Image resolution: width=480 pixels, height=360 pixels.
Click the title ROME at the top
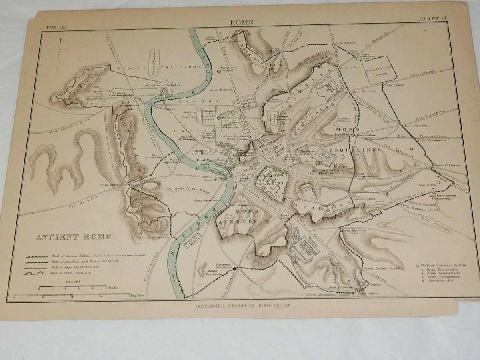(241, 22)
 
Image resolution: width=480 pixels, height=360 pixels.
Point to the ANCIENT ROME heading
(73, 237)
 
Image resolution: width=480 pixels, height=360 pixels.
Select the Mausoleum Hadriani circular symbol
(163, 91)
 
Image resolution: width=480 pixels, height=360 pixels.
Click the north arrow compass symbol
(60, 50)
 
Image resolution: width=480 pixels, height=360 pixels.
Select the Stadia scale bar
(72, 288)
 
